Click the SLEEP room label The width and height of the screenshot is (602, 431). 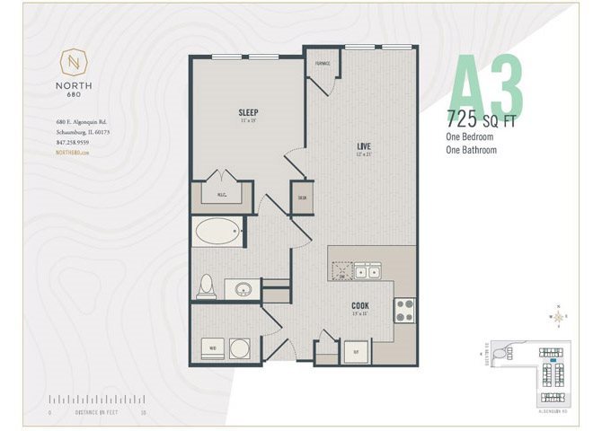(249, 112)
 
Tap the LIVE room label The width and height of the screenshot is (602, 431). (364, 145)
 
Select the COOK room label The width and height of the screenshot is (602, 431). (359, 305)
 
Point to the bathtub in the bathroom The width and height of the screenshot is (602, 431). (216, 233)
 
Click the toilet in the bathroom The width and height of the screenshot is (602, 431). (205, 285)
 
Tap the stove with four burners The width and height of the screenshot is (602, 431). (404, 310)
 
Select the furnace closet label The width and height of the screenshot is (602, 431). (323, 65)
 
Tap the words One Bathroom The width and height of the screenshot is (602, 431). (472, 151)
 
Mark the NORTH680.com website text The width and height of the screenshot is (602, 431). (73, 154)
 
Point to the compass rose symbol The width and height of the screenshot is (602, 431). (559, 316)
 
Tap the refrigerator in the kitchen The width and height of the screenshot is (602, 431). (357, 351)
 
